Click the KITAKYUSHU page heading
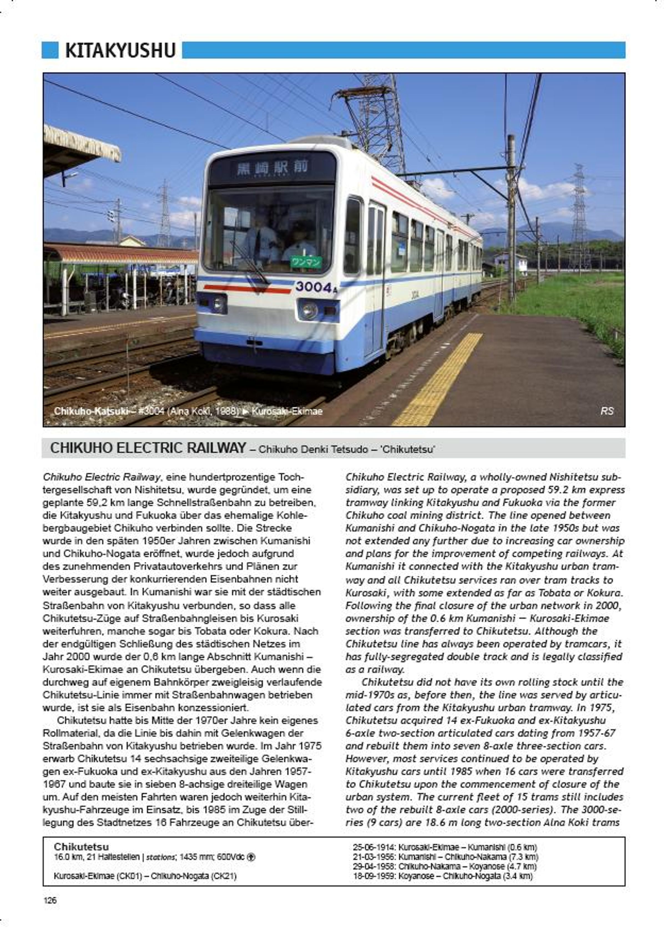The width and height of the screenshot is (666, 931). pos(120,50)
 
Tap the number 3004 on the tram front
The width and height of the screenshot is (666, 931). pos(314,287)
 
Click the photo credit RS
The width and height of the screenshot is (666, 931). pos(607,411)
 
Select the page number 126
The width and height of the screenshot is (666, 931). pos(50,900)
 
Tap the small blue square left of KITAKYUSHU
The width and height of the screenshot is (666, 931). pos(50,50)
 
